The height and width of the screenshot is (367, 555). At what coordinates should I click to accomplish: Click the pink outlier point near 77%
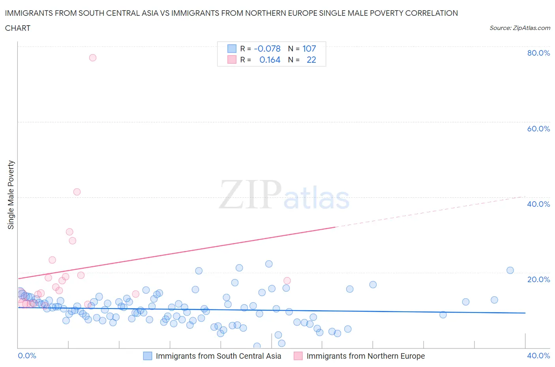[93, 58]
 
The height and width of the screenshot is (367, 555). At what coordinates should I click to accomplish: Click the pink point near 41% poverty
[77, 192]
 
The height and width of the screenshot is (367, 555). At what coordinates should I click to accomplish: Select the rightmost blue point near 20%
[510, 270]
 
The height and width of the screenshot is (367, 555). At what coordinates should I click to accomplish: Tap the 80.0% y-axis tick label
[538, 53]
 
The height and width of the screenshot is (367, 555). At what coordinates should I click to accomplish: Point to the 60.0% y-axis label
[538, 129]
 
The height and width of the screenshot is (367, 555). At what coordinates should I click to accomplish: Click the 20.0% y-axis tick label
[538, 279]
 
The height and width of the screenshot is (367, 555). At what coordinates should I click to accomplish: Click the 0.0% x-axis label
[27, 356]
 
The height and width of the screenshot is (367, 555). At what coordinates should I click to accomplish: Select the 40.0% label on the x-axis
[538, 356]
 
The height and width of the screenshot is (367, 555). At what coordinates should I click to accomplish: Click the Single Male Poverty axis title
[11, 195]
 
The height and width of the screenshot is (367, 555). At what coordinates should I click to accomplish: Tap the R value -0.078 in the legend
[267, 49]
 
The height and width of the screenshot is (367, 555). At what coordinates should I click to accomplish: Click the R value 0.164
[270, 60]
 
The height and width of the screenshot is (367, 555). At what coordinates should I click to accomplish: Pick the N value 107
[309, 49]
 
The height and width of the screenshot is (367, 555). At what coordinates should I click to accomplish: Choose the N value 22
[311, 60]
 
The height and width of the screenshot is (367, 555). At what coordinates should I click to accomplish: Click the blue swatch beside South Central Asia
[147, 356]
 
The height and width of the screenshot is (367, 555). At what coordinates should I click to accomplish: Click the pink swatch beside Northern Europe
[298, 356]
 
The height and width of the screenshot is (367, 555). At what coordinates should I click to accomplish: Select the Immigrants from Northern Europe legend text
[366, 356]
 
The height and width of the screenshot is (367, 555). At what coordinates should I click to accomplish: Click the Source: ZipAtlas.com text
[520, 28]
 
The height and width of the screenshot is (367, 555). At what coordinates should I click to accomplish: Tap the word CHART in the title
[18, 28]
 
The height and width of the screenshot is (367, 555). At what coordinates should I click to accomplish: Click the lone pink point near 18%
[287, 281]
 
